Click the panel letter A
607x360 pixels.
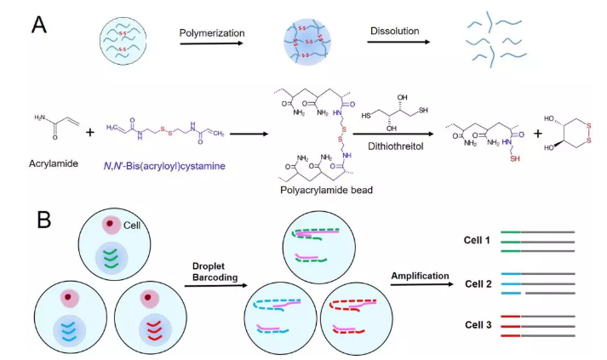(38, 24)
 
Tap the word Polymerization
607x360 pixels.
(212, 33)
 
